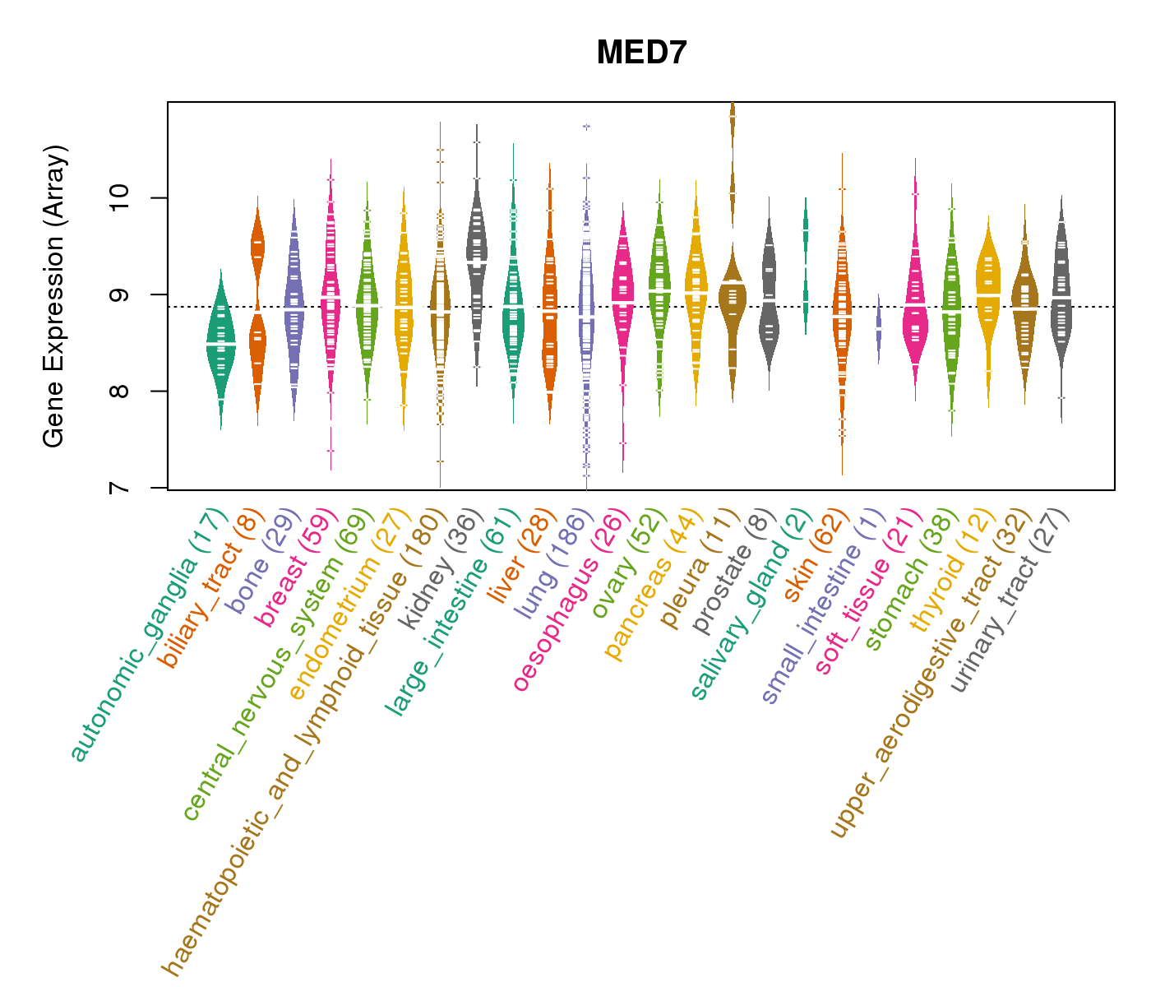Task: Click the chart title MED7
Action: (x=641, y=53)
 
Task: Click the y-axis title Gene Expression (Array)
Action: (x=54, y=296)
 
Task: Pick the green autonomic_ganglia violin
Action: (x=220, y=345)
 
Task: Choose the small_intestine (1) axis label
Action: (x=823, y=606)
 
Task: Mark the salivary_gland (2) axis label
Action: (x=751, y=605)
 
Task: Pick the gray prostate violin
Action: (x=769, y=304)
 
